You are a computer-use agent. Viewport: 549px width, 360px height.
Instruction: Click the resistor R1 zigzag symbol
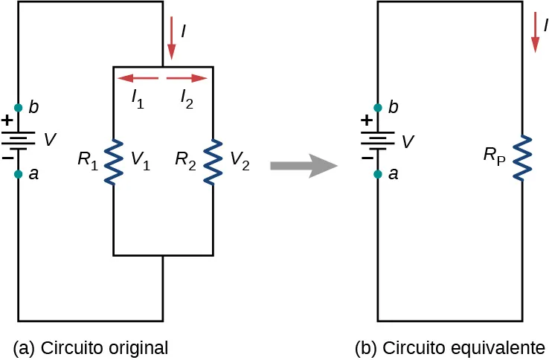113,161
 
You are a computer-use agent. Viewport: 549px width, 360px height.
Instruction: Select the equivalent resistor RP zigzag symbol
524,157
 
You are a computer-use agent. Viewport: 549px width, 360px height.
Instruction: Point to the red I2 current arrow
186,77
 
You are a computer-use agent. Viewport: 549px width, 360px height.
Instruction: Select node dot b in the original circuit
18,108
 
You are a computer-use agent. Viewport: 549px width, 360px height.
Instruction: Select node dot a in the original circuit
18,175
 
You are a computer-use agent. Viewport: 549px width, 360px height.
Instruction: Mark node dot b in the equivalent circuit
379,108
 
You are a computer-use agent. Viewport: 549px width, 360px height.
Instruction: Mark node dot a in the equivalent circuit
379,175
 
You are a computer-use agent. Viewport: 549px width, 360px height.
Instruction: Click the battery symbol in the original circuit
18,141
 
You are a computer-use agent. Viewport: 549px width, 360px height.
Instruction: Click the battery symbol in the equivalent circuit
379,141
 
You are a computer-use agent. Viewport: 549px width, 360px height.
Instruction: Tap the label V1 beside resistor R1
141,158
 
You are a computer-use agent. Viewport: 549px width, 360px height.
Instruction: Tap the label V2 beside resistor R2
240,158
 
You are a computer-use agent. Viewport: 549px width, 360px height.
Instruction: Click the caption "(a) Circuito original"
91,347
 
